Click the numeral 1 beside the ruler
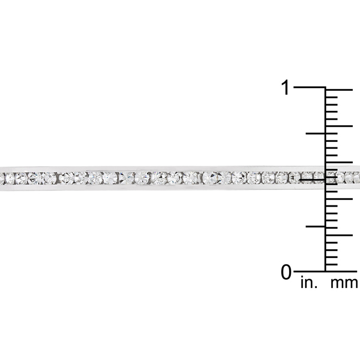(x=286, y=88)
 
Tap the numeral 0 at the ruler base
(x=286, y=272)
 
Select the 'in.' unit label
(x=309, y=283)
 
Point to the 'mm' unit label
(x=344, y=284)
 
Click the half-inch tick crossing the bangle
(x=312, y=180)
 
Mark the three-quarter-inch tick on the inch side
(x=316, y=133)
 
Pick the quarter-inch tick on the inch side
(x=316, y=227)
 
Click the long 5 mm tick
(x=339, y=235)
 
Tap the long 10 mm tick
(x=339, y=199)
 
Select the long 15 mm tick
(x=339, y=162)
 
